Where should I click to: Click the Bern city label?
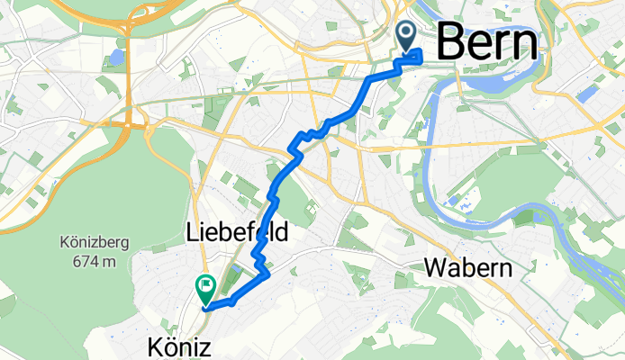pos(489,42)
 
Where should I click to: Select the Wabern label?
pos(467,268)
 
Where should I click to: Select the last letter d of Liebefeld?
pos(282,233)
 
